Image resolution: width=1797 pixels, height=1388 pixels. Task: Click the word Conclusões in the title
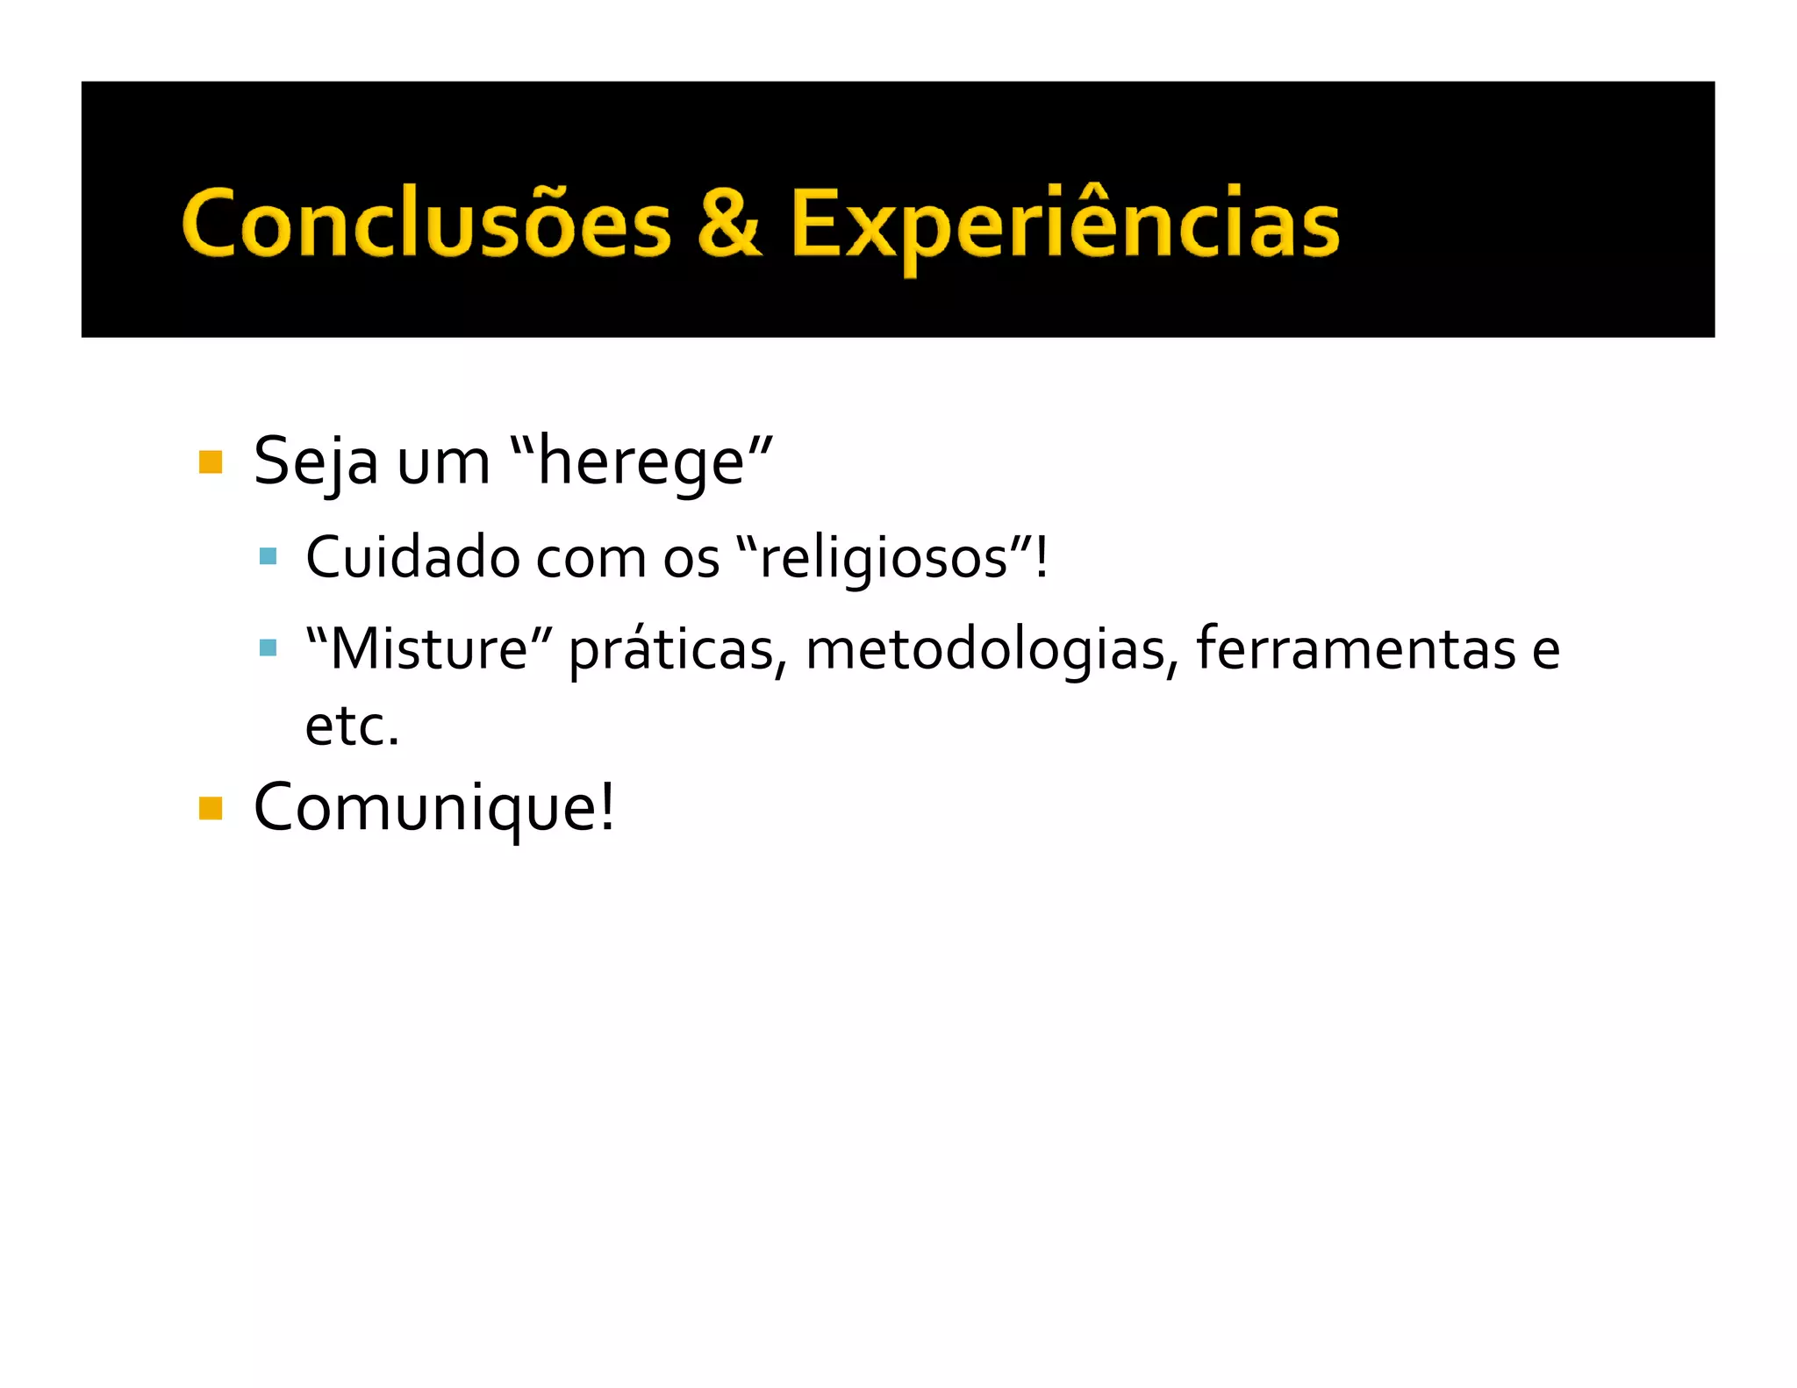click(426, 223)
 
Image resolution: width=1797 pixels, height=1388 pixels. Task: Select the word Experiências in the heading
click(1064, 225)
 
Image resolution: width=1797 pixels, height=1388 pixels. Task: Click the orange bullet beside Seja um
click(211, 461)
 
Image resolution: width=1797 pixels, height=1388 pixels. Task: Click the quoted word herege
click(641, 463)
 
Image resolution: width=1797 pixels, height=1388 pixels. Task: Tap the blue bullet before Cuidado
click(268, 556)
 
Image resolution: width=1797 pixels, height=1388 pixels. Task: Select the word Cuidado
click(413, 558)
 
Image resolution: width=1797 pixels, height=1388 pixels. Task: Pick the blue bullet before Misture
click(268, 648)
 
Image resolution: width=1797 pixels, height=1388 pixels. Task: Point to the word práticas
click(672, 651)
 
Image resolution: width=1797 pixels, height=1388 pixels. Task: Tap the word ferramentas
click(1356, 649)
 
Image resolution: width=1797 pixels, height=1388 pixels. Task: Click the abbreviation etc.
click(352, 726)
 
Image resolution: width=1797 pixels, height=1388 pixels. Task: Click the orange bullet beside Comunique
click(211, 807)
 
